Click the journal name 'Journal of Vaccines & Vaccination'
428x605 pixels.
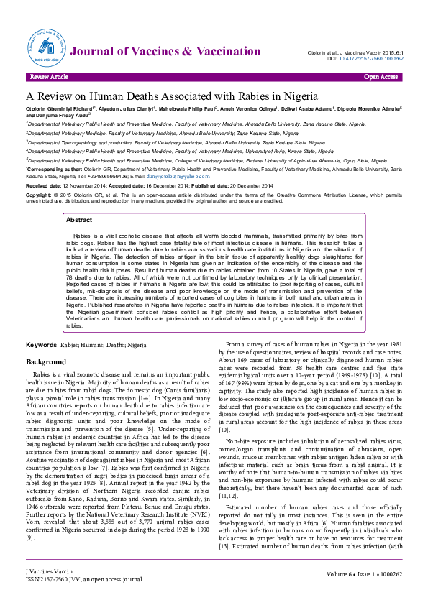click(165, 51)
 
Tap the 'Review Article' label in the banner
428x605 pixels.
click(49, 75)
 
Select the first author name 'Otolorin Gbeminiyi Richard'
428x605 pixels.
click(58, 109)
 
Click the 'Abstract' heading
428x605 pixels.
click(79, 220)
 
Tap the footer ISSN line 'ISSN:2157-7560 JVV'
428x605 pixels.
click(58, 598)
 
